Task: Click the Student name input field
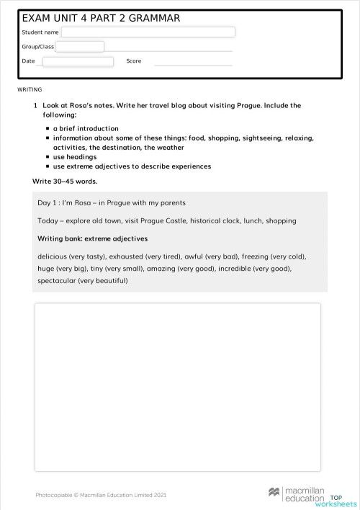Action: click(x=148, y=32)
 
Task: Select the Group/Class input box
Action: click(x=79, y=47)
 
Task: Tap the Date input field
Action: click(x=78, y=61)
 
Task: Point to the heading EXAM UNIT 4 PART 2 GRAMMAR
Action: click(x=101, y=18)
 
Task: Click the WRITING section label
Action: click(x=30, y=89)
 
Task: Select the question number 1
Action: click(x=35, y=106)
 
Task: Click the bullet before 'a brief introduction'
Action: click(x=47, y=129)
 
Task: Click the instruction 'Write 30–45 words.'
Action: click(x=65, y=181)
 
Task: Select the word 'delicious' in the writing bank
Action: click(x=54, y=256)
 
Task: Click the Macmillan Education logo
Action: click(x=296, y=493)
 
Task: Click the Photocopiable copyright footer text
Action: click(x=101, y=495)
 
